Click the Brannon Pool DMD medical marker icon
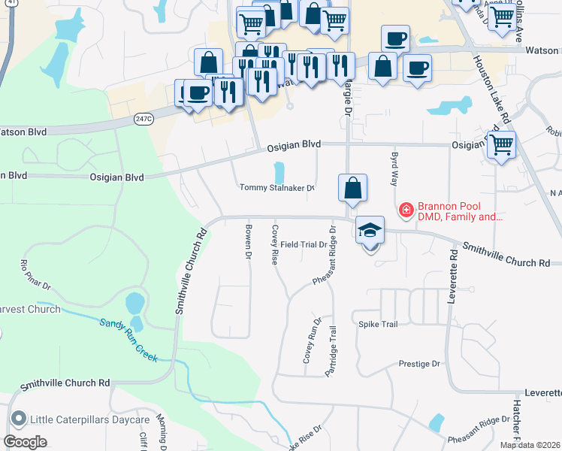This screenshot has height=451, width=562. click(x=406, y=210)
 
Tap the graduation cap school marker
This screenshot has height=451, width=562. click(x=370, y=230)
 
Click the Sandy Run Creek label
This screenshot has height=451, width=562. click(x=128, y=341)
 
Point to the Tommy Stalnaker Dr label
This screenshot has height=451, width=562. click(x=276, y=188)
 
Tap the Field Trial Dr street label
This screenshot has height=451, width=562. click(x=304, y=244)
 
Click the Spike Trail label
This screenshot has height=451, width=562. click(x=377, y=324)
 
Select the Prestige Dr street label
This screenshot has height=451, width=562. click(x=418, y=364)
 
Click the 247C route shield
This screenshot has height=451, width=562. click(x=144, y=118)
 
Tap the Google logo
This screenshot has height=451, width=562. click(x=25, y=442)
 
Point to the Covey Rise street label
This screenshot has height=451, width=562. click(x=275, y=244)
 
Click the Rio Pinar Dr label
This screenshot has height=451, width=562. click(x=35, y=275)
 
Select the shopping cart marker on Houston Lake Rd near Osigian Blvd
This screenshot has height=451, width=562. click(x=501, y=144)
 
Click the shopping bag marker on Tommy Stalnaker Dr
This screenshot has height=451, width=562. click(x=352, y=188)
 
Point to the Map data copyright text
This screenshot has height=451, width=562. click(x=530, y=445)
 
